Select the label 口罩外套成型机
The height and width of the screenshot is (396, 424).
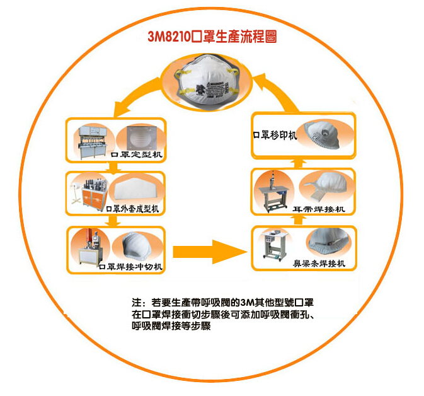pos(133,209)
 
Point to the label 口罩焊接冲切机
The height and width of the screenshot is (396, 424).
pos(131,267)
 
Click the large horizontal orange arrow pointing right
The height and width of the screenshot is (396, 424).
pos(209,249)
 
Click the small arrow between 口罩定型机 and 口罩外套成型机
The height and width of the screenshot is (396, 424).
pos(114,168)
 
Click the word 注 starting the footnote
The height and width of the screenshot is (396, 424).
pos(136,303)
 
